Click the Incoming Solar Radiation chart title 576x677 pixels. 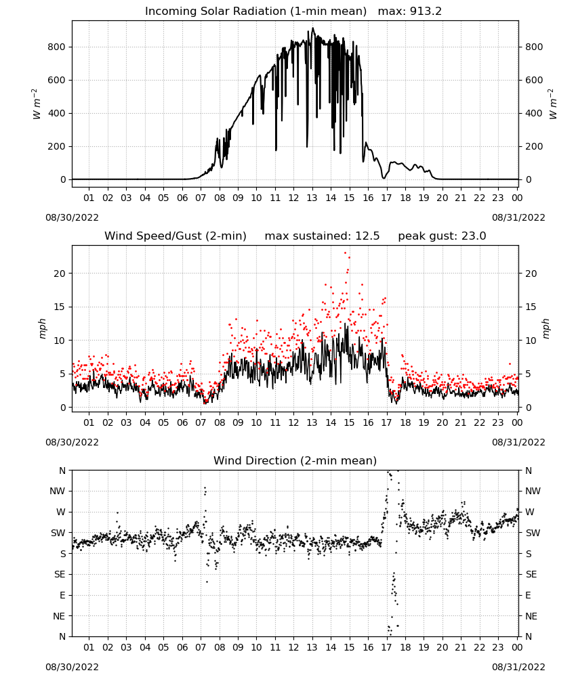click(255, 12)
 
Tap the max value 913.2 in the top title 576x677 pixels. click(426, 12)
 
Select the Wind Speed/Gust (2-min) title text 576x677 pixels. click(176, 236)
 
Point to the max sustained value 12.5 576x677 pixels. click(367, 236)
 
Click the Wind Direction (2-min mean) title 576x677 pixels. click(295, 460)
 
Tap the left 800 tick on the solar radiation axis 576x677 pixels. click(57, 47)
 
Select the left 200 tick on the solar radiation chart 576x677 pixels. click(57, 146)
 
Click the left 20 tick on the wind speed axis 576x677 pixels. click(60, 274)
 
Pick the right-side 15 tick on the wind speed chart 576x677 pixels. click(531, 307)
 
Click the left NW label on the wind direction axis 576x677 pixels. click(58, 492)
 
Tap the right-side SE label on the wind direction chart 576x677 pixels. click(531, 575)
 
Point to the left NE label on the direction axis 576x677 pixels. click(59, 616)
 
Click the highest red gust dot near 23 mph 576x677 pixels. click(345, 253)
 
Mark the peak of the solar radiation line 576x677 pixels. click(313, 28)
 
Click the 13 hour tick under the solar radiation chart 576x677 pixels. click(312, 198)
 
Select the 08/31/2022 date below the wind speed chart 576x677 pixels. click(518, 442)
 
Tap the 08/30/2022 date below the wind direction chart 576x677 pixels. click(72, 667)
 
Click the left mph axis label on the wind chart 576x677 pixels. click(42, 329)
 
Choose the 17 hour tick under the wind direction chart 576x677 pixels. click(386, 647)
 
